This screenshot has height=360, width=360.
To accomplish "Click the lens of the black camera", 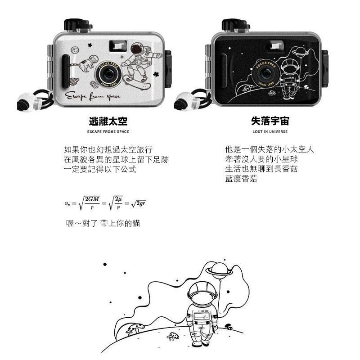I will pyautogui.click(x=265, y=73).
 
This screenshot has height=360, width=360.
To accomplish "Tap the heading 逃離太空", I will pyautogui.click(x=108, y=121).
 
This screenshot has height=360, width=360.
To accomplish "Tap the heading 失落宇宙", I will pyautogui.click(x=270, y=121).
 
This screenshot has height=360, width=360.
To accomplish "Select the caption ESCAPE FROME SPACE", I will pyautogui.click(x=108, y=132).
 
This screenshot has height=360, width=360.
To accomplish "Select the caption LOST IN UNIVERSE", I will pyautogui.click(x=270, y=132).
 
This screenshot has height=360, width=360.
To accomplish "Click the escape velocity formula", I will pyautogui.click(x=105, y=203).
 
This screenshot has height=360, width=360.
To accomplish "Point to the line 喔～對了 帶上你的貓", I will pyautogui.click(x=103, y=223).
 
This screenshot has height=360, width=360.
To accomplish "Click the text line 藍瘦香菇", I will pyautogui.click(x=241, y=179).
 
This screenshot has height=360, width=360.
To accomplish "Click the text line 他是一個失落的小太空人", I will pyautogui.click(x=270, y=149).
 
